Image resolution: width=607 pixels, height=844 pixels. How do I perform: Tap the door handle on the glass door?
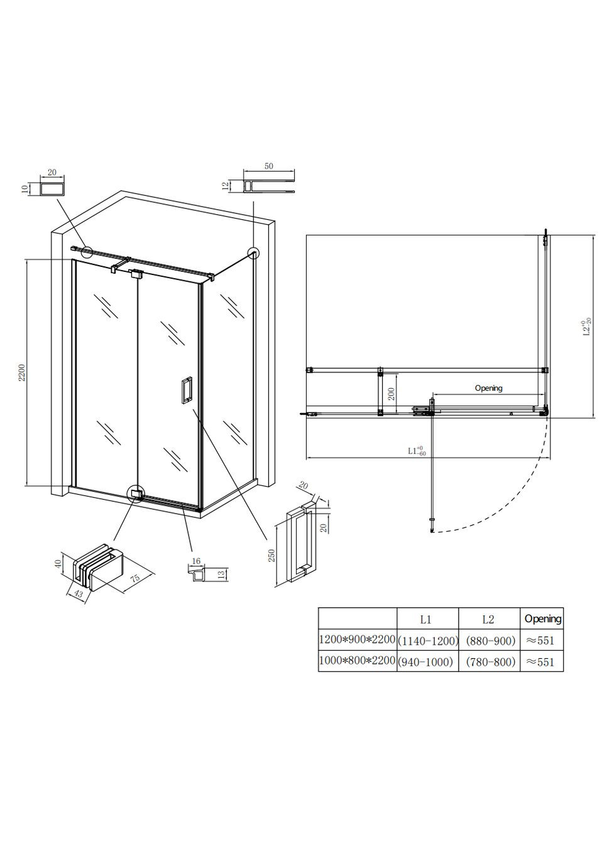pyautogui.click(x=187, y=389)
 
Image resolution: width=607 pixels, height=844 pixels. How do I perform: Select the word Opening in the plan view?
pyautogui.click(x=488, y=388)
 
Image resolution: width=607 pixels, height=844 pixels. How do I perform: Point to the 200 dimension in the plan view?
pyautogui.click(x=391, y=394)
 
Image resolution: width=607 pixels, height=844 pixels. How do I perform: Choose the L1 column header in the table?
pyautogui.click(x=425, y=620)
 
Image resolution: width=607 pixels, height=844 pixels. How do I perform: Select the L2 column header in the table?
pyautogui.click(x=488, y=620)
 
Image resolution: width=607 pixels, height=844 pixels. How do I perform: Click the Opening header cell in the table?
pyautogui.click(x=542, y=619)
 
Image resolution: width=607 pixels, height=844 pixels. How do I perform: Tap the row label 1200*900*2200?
pyautogui.click(x=358, y=640)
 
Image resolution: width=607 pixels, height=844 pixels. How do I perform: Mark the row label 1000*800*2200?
pyautogui.click(x=358, y=661)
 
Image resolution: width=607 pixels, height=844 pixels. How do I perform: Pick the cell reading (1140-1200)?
pyautogui.click(x=428, y=641)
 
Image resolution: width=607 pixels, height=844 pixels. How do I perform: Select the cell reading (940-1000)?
pyautogui.click(x=428, y=662)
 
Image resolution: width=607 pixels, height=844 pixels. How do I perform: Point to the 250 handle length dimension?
pyautogui.click(x=272, y=556)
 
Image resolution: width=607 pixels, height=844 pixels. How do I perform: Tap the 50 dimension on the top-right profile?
pyautogui.click(x=269, y=166)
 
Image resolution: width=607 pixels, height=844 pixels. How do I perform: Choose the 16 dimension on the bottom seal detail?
pyautogui.click(x=196, y=561)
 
